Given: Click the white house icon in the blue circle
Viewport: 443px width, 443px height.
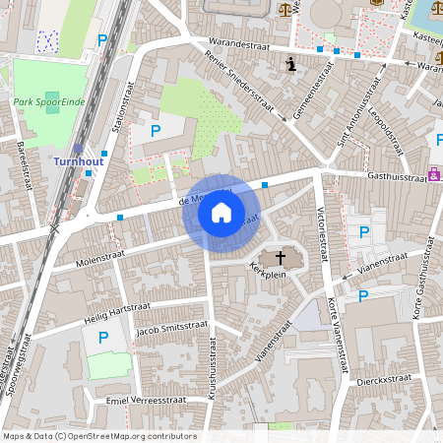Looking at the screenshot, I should tap(221, 213).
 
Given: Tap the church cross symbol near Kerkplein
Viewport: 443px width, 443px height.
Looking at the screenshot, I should tap(281, 258).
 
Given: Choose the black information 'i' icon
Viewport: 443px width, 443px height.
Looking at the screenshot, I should tap(290, 65).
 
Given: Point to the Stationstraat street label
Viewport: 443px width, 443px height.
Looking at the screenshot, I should tap(122, 124).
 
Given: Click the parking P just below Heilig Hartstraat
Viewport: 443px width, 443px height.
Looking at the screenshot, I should tap(103, 338).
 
